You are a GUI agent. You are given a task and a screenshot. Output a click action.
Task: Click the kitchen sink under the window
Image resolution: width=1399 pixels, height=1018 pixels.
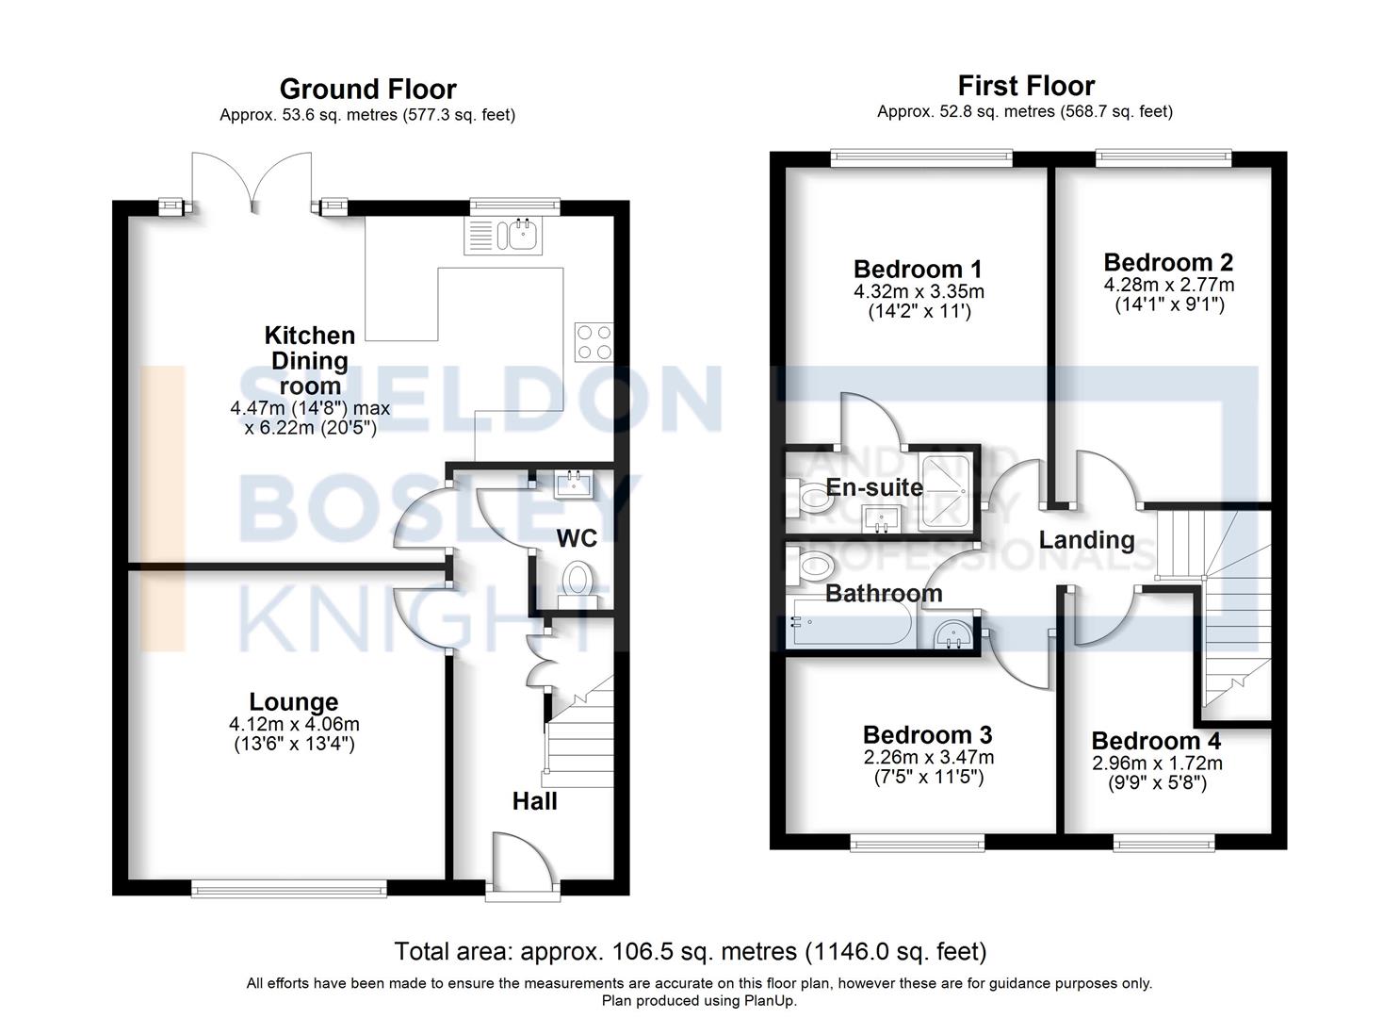coord(502,236)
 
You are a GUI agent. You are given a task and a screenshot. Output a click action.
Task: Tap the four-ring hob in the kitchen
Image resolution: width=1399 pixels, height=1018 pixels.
coord(594,341)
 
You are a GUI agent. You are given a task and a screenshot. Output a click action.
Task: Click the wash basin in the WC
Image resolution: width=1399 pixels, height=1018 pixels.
coord(575,485)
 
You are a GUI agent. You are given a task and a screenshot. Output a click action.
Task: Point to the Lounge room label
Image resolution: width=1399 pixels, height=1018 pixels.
coord(293,702)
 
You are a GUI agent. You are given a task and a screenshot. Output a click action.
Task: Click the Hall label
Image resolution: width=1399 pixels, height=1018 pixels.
coord(534,801)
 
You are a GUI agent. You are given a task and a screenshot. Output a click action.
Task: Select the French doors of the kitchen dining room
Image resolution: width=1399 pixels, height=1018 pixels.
coord(252,184)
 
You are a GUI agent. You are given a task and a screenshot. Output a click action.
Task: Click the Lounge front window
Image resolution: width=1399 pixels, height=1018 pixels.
coord(288,887)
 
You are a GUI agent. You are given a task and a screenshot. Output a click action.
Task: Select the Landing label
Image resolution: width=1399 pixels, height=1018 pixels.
coord(1086,540)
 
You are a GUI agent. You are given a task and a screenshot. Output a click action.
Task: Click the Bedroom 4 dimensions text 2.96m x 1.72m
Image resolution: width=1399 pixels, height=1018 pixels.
coord(1157,763)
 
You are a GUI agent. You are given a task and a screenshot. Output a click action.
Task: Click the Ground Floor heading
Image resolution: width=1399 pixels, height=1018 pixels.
coord(367,90)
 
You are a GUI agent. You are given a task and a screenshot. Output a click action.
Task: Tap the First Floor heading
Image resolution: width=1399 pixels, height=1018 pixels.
coord(1026,86)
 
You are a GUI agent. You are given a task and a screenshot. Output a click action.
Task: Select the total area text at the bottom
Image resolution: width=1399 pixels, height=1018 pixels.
coord(690,951)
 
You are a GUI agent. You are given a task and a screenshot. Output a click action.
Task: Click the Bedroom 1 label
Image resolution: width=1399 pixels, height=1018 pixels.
coord(918,270)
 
